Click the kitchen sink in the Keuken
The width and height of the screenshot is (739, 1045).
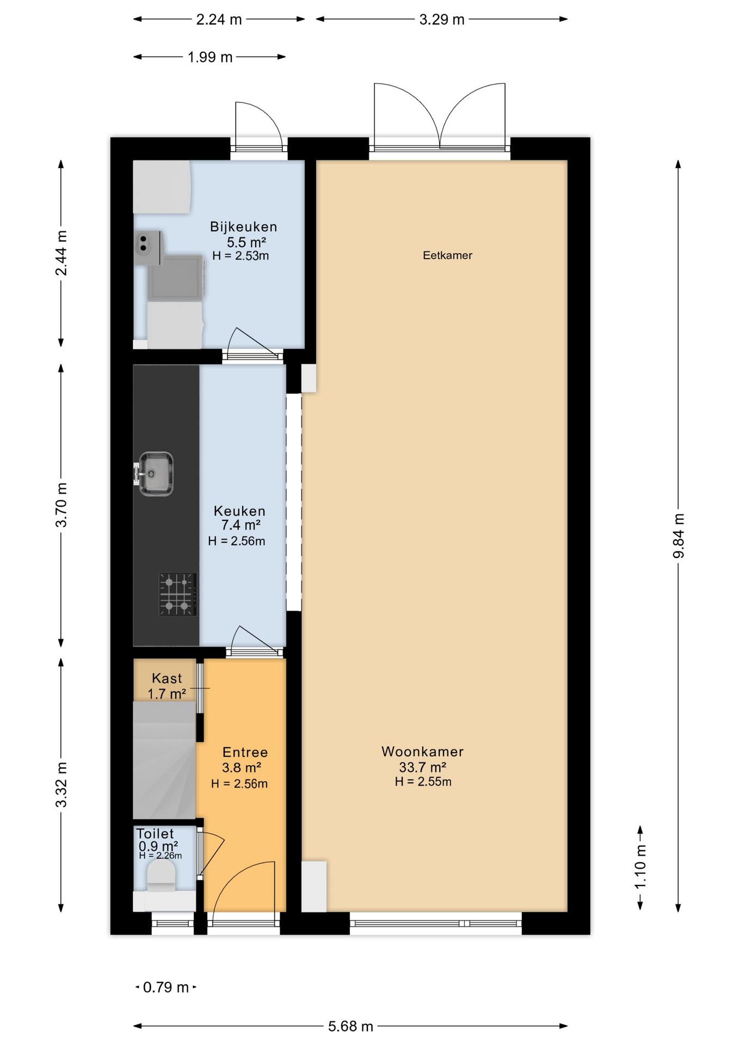156,474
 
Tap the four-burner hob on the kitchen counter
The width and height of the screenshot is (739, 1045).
177,594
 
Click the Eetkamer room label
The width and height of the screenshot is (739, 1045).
447,255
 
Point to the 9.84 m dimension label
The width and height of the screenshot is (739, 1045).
678,536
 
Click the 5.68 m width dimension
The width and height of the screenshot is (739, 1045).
350,1026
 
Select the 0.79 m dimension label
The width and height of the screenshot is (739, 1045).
165,987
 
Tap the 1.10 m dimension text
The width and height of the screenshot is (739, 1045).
641,866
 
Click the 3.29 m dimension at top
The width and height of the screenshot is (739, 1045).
441,20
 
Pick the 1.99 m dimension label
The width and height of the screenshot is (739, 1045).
210,57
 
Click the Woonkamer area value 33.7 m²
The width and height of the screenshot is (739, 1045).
422,767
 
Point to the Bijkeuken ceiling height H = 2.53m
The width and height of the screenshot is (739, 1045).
241,256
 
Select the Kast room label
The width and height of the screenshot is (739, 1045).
167,678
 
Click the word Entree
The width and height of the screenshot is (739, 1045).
245,752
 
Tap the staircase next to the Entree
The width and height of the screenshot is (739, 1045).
164,759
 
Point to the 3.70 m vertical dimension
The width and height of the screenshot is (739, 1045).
61,505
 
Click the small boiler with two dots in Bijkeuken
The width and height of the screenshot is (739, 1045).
147,248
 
